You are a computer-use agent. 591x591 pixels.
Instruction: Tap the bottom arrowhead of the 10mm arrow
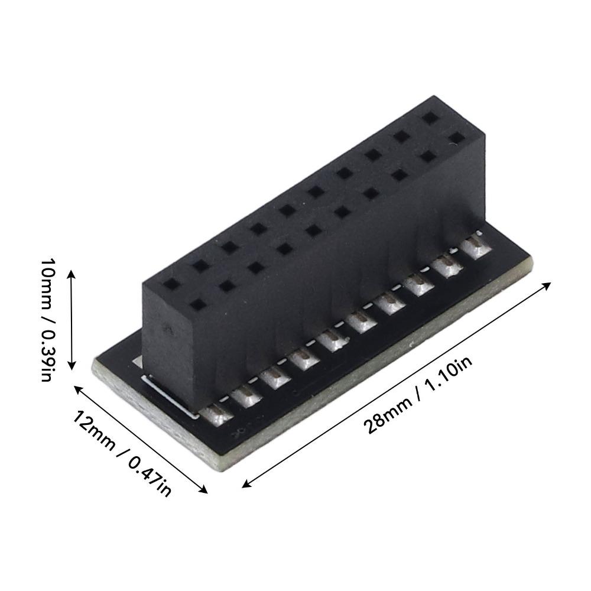[72, 367]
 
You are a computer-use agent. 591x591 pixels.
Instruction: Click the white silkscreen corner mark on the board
[165, 396]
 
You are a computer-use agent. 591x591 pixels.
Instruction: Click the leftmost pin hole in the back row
[171, 284]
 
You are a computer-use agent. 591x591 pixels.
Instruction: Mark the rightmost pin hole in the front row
[456, 137]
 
